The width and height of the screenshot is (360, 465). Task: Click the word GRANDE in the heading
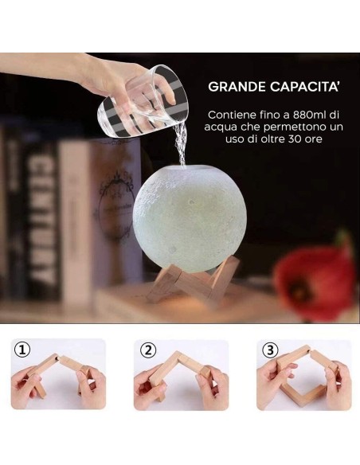coord(237,87)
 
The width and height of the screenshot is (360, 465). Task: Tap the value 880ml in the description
coord(307,115)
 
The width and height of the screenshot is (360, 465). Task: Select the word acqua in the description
coord(221,127)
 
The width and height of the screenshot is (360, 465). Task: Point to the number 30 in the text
coord(294,139)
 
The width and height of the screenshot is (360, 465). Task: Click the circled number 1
coord(22,350)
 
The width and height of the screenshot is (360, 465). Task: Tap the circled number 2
coord(147,350)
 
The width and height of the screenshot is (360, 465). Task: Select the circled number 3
coord(270,350)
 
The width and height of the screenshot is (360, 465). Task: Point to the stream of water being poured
coord(180,144)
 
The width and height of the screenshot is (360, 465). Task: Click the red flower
coord(316,279)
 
